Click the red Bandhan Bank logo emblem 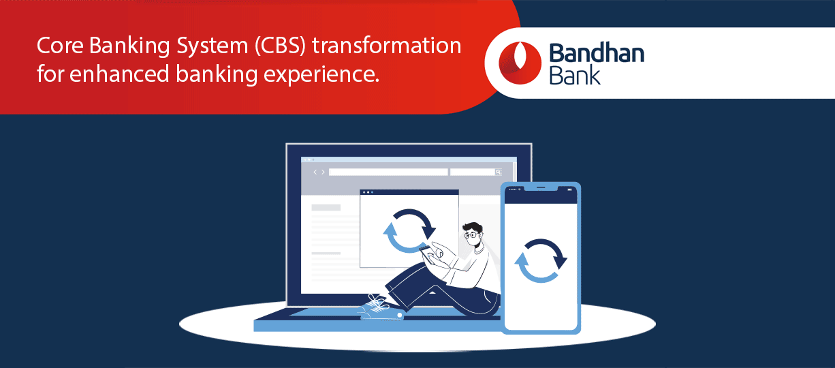(520, 63)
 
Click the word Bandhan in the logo (597, 53)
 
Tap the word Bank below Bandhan (574, 75)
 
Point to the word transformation (387, 46)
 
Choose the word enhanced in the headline (119, 74)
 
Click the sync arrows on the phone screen (541, 260)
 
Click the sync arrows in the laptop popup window (409, 231)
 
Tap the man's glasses (471, 235)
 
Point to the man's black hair (473, 227)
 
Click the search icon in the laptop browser (498, 172)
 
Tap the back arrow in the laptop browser (315, 172)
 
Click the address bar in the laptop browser (388, 172)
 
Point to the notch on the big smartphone (541, 188)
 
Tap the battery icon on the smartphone (569, 189)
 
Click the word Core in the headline (60, 46)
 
